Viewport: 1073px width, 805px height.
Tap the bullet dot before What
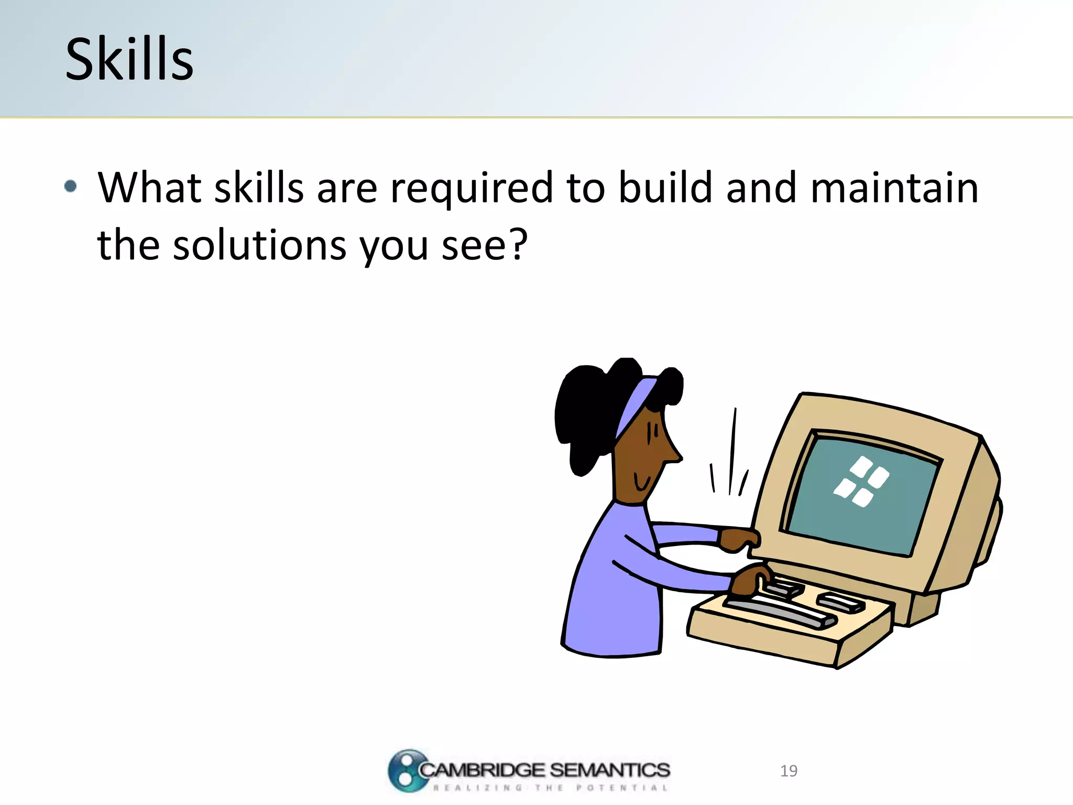click(71, 186)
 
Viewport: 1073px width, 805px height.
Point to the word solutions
click(259, 245)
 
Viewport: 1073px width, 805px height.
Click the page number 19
click(789, 771)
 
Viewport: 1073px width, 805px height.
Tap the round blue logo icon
click(406, 770)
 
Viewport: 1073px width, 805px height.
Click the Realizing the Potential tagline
click(550, 788)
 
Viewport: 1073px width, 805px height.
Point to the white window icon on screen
click(861, 481)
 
